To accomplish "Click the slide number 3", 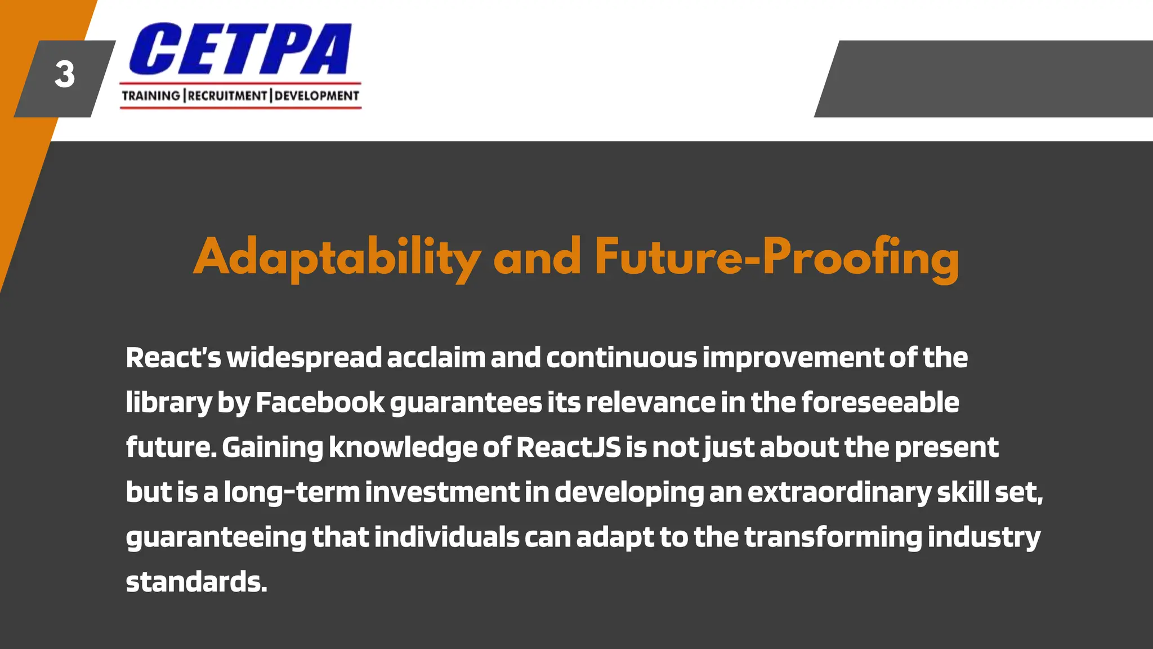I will [64, 75].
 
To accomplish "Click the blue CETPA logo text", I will [240, 49].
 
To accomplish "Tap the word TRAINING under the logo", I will [150, 96].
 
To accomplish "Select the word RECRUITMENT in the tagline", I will [227, 96].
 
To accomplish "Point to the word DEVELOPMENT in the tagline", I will [316, 96].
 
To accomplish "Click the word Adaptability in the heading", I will [337, 257].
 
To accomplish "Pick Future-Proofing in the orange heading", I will [776, 257].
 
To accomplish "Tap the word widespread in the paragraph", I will [304, 358].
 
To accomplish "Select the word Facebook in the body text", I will [319, 403].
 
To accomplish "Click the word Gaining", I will [272, 448].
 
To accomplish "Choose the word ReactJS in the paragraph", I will [569, 448].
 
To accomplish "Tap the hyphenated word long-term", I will [292, 492].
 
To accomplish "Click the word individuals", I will [446, 537].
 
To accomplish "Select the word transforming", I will [833, 537].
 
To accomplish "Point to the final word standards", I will [196, 582].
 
